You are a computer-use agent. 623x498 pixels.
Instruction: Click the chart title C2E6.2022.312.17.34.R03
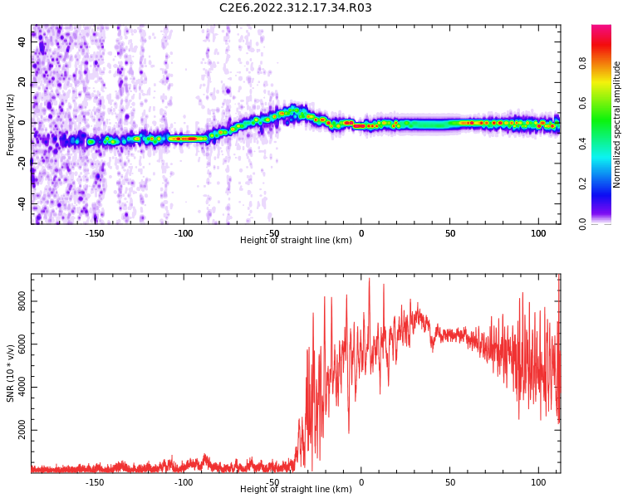(x=295, y=8)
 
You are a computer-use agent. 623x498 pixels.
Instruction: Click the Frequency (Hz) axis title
(x=11, y=124)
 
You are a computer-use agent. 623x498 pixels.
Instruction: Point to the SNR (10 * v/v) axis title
(x=11, y=373)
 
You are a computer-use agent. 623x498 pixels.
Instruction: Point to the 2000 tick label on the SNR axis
(x=22, y=431)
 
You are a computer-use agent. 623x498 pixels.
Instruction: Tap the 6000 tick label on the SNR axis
(x=22, y=344)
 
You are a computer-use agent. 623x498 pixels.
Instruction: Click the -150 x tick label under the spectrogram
(x=95, y=232)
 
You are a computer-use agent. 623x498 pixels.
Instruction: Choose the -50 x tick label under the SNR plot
(x=272, y=481)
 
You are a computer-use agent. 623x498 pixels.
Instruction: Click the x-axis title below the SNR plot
(x=296, y=490)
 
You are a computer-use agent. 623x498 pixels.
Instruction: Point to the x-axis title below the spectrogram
(x=296, y=241)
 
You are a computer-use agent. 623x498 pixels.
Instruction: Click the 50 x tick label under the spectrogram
(x=449, y=232)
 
